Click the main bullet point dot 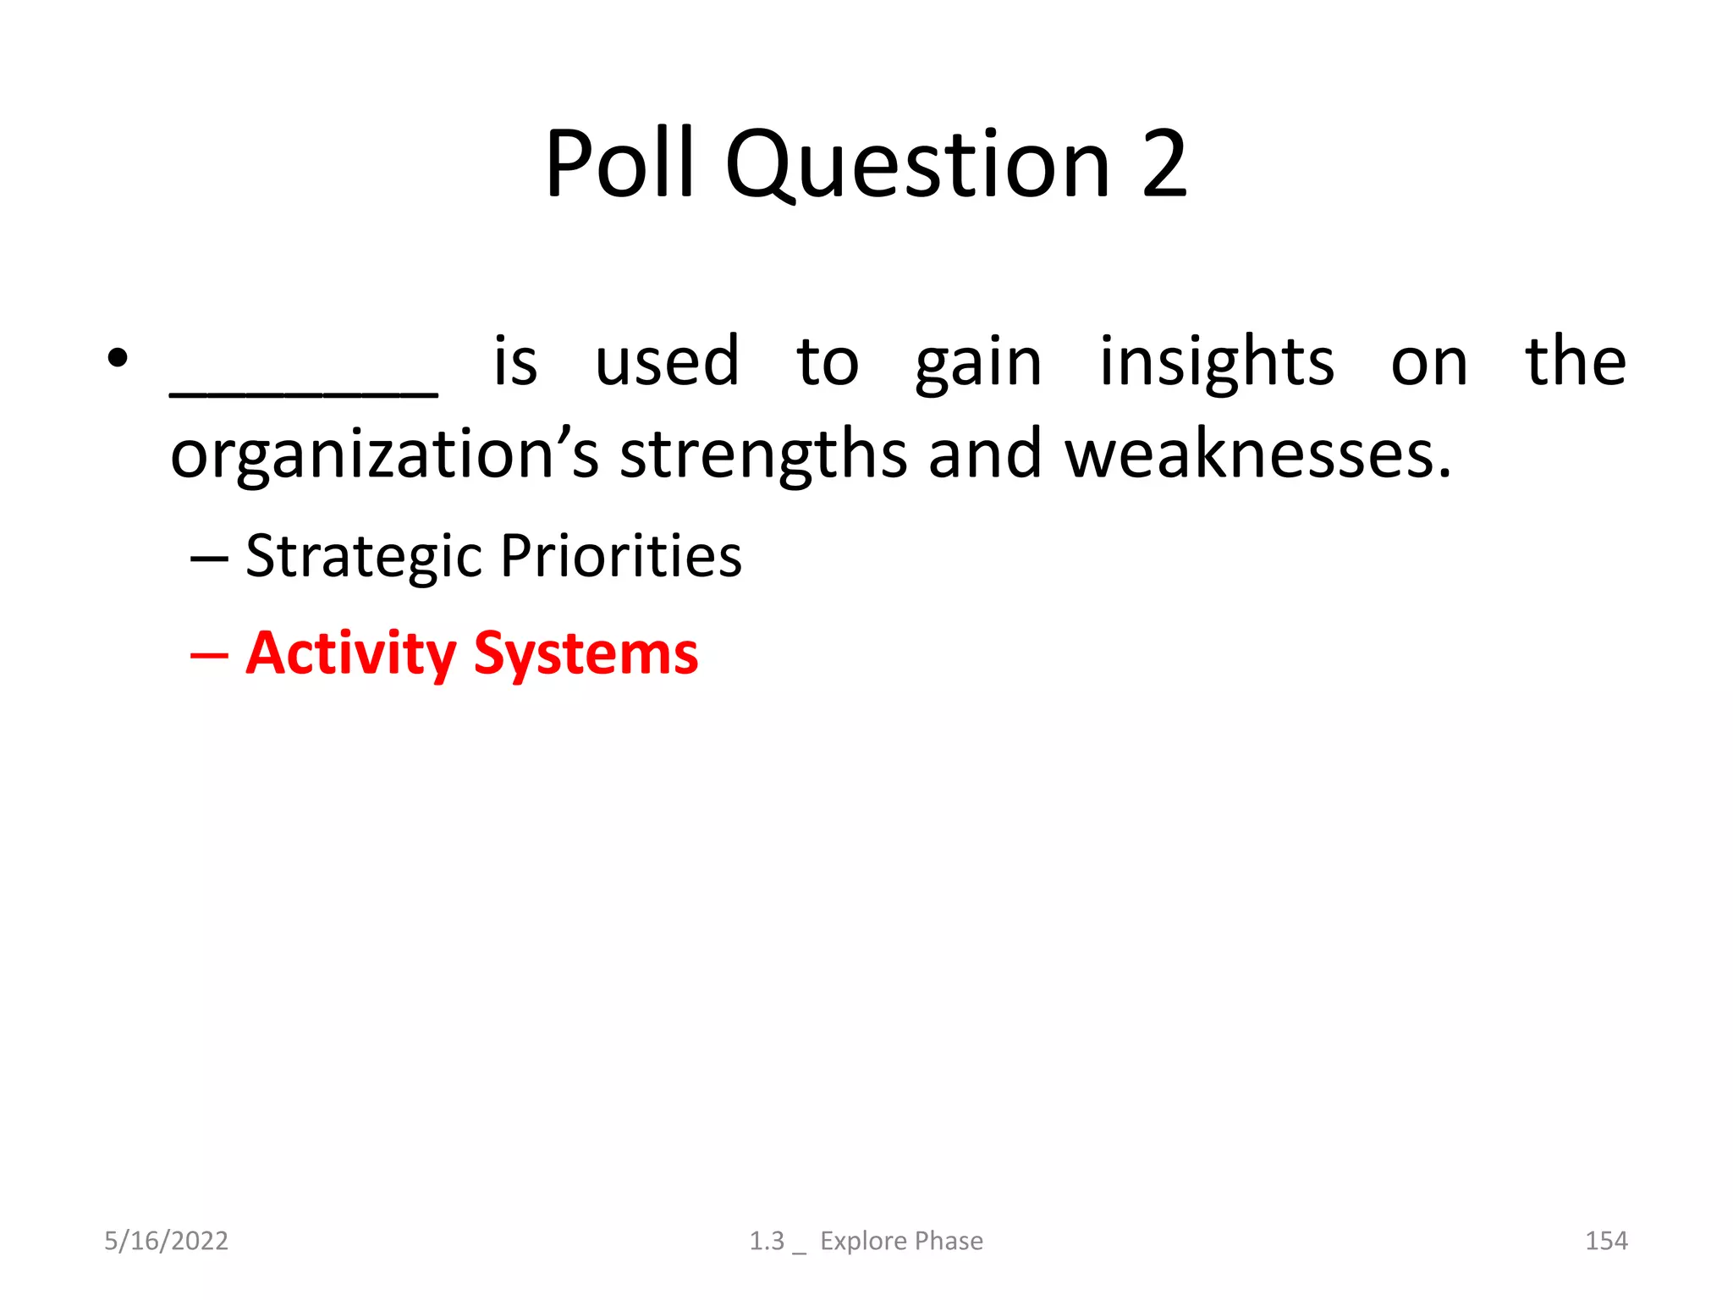click(118, 359)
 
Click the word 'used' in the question click(667, 362)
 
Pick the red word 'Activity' click(350, 655)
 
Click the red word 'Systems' click(586, 655)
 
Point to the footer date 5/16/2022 click(166, 1241)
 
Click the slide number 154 click(1605, 1241)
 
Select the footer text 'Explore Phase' click(901, 1241)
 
